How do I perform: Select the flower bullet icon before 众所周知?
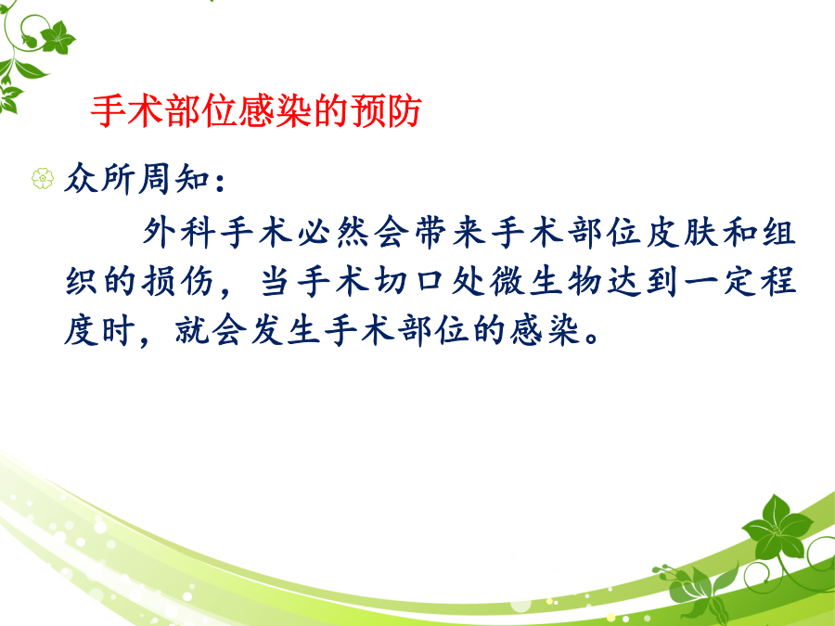pyautogui.click(x=43, y=178)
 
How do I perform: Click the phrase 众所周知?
pyautogui.click(x=136, y=178)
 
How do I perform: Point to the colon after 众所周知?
pyautogui.click(x=221, y=181)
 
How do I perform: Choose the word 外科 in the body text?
pyautogui.click(x=178, y=233)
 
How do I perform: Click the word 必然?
pyautogui.click(x=333, y=233)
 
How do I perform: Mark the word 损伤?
pyautogui.click(x=178, y=282)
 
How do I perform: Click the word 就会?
pyautogui.click(x=211, y=330)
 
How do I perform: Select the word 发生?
pyautogui.click(x=286, y=330)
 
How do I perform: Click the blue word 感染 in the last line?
pyautogui.click(x=546, y=330)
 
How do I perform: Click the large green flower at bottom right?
pyautogui.click(x=777, y=528)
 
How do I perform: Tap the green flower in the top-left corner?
pyautogui.click(x=58, y=38)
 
